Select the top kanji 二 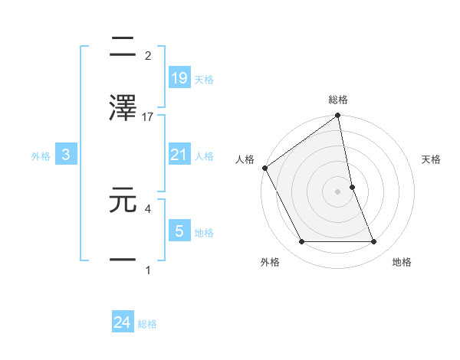[123, 47]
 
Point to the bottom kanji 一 [123, 260]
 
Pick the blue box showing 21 [179, 155]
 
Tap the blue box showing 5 [179, 230]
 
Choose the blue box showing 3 [66, 155]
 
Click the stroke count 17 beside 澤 [148, 116]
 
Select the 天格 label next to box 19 [204, 79]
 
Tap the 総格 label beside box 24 [147, 324]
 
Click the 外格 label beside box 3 [41, 155]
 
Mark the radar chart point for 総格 [337, 116]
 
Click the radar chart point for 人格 [264, 168]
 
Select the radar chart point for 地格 [374, 242]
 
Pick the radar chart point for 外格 [301, 242]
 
